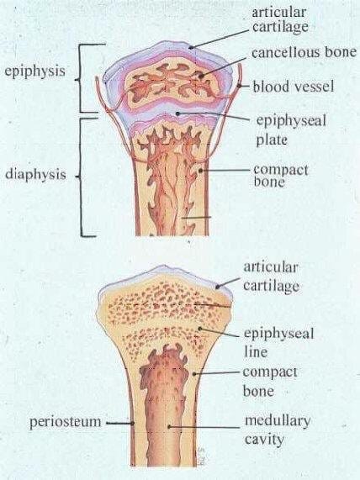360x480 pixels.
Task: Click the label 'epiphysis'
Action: click(34, 71)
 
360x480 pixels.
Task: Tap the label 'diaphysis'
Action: click(35, 175)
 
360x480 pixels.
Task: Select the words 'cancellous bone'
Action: click(304, 52)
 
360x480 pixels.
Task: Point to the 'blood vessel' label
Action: click(294, 87)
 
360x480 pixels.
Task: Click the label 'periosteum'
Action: click(65, 422)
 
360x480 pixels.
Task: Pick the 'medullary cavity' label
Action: click(278, 430)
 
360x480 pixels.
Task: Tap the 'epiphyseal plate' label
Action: click(291, 130)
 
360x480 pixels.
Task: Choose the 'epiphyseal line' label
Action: click(278, 342)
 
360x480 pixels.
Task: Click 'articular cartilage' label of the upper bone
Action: click(280, 20)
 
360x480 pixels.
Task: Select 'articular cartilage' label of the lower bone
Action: click(271, 277)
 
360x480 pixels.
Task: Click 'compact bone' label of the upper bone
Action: click(281, 176)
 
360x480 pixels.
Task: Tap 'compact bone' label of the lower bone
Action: click(270, 382)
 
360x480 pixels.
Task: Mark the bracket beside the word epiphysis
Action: click(81, 78)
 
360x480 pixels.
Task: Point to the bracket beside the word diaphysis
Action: click(82, 177)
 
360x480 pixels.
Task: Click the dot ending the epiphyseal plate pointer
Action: click(177, 113)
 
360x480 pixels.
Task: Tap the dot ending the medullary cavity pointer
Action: click(169, 426)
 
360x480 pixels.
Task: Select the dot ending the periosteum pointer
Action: click(133, 424)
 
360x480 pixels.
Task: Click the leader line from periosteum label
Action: click(119, 424)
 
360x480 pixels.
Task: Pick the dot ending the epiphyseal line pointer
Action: click(199, 329)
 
